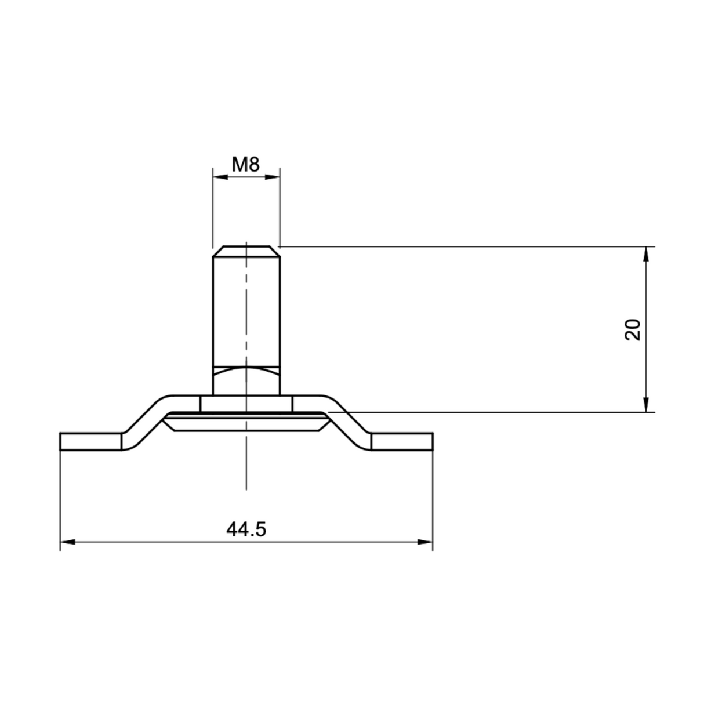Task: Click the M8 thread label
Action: click(245, 165)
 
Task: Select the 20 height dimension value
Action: click(633, 329)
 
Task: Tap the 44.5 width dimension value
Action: click(246, 529)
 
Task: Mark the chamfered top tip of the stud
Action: click(246, 252)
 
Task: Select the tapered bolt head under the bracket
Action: click(246, 423)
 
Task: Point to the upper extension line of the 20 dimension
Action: click(464, 246)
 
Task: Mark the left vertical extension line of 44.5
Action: click(60, 499)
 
